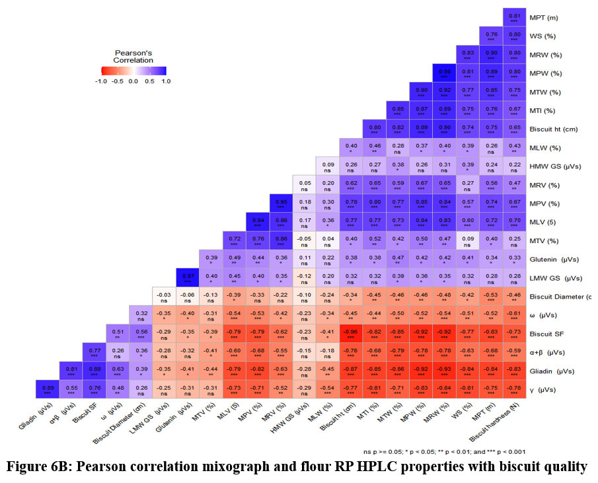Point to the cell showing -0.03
163,297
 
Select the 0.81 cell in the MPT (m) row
513,17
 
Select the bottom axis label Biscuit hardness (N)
502,424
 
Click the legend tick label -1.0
100,81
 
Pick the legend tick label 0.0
133,81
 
